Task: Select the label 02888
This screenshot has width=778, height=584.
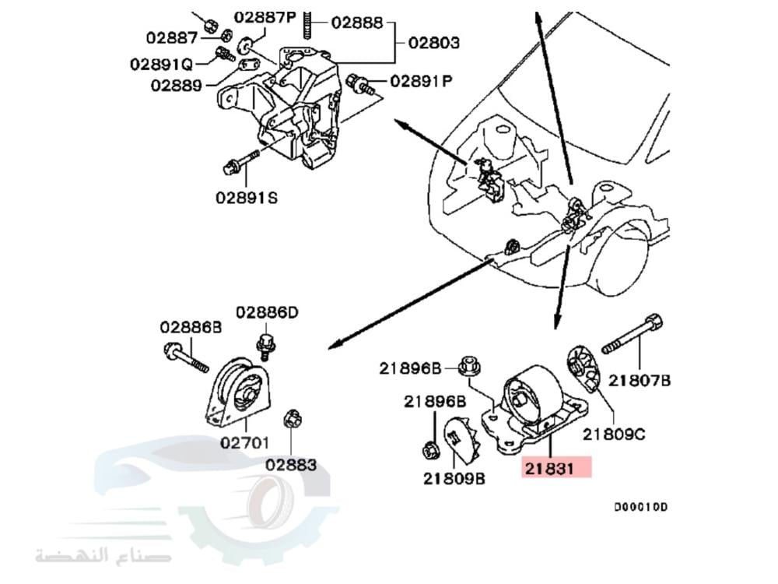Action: coord(357,23)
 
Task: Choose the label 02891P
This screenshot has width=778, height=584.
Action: coord(421,80)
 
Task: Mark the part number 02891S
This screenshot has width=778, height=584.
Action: coord(246,198)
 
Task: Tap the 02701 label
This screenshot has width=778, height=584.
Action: coord(244,443)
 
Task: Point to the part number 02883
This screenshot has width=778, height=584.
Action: coord(291,465)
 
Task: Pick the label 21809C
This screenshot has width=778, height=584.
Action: coord(615,434)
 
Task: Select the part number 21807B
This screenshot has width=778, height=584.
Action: coord(640,380)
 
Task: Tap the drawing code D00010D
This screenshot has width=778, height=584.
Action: coord(640,508)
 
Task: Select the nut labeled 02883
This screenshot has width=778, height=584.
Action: coord(292,418)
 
